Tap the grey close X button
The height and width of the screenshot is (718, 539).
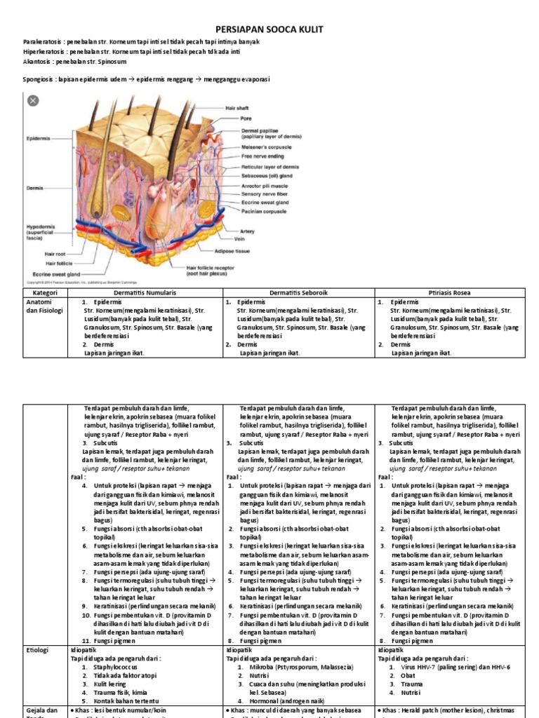coord(32,100)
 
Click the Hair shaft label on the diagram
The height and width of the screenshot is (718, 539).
coord(237,108)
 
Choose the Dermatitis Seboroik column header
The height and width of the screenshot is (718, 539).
coord(300,292)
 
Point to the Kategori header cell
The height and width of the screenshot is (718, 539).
coord(39,292)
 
